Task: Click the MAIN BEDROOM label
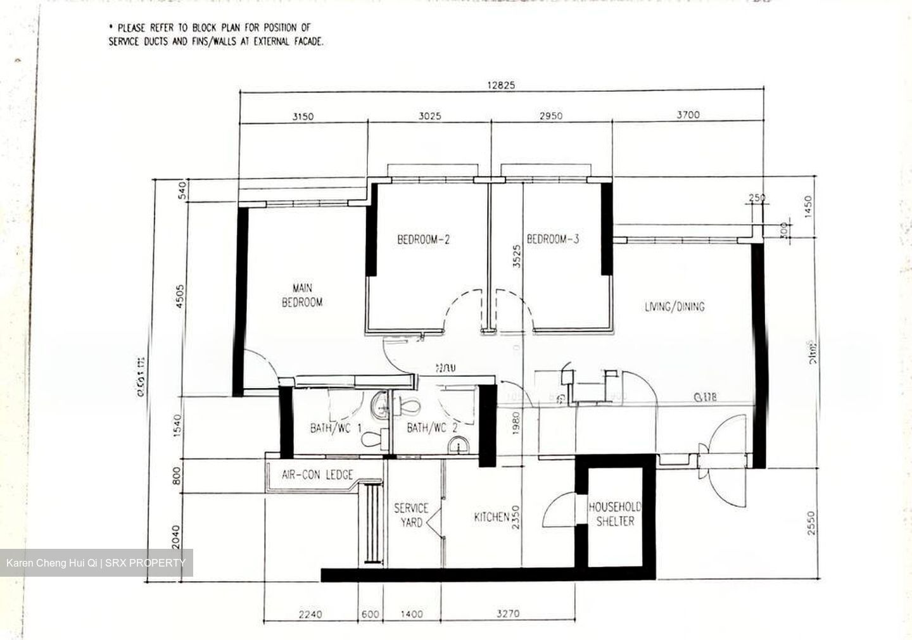(x=302, y=295)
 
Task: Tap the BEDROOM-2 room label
(x=423, y=240)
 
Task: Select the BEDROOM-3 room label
(x=553, y=239)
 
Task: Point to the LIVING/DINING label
(x=674, y=307)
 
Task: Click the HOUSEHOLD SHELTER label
(x=614, y=514)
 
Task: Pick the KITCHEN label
(x=491, y=518)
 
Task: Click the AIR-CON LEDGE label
(x=317, y=475)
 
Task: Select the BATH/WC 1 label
(x=336, y=429)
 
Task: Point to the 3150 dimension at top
(x=303, y=116)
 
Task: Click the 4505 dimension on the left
(x=180, y=296)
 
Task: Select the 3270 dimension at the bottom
(x=509, y=613)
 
